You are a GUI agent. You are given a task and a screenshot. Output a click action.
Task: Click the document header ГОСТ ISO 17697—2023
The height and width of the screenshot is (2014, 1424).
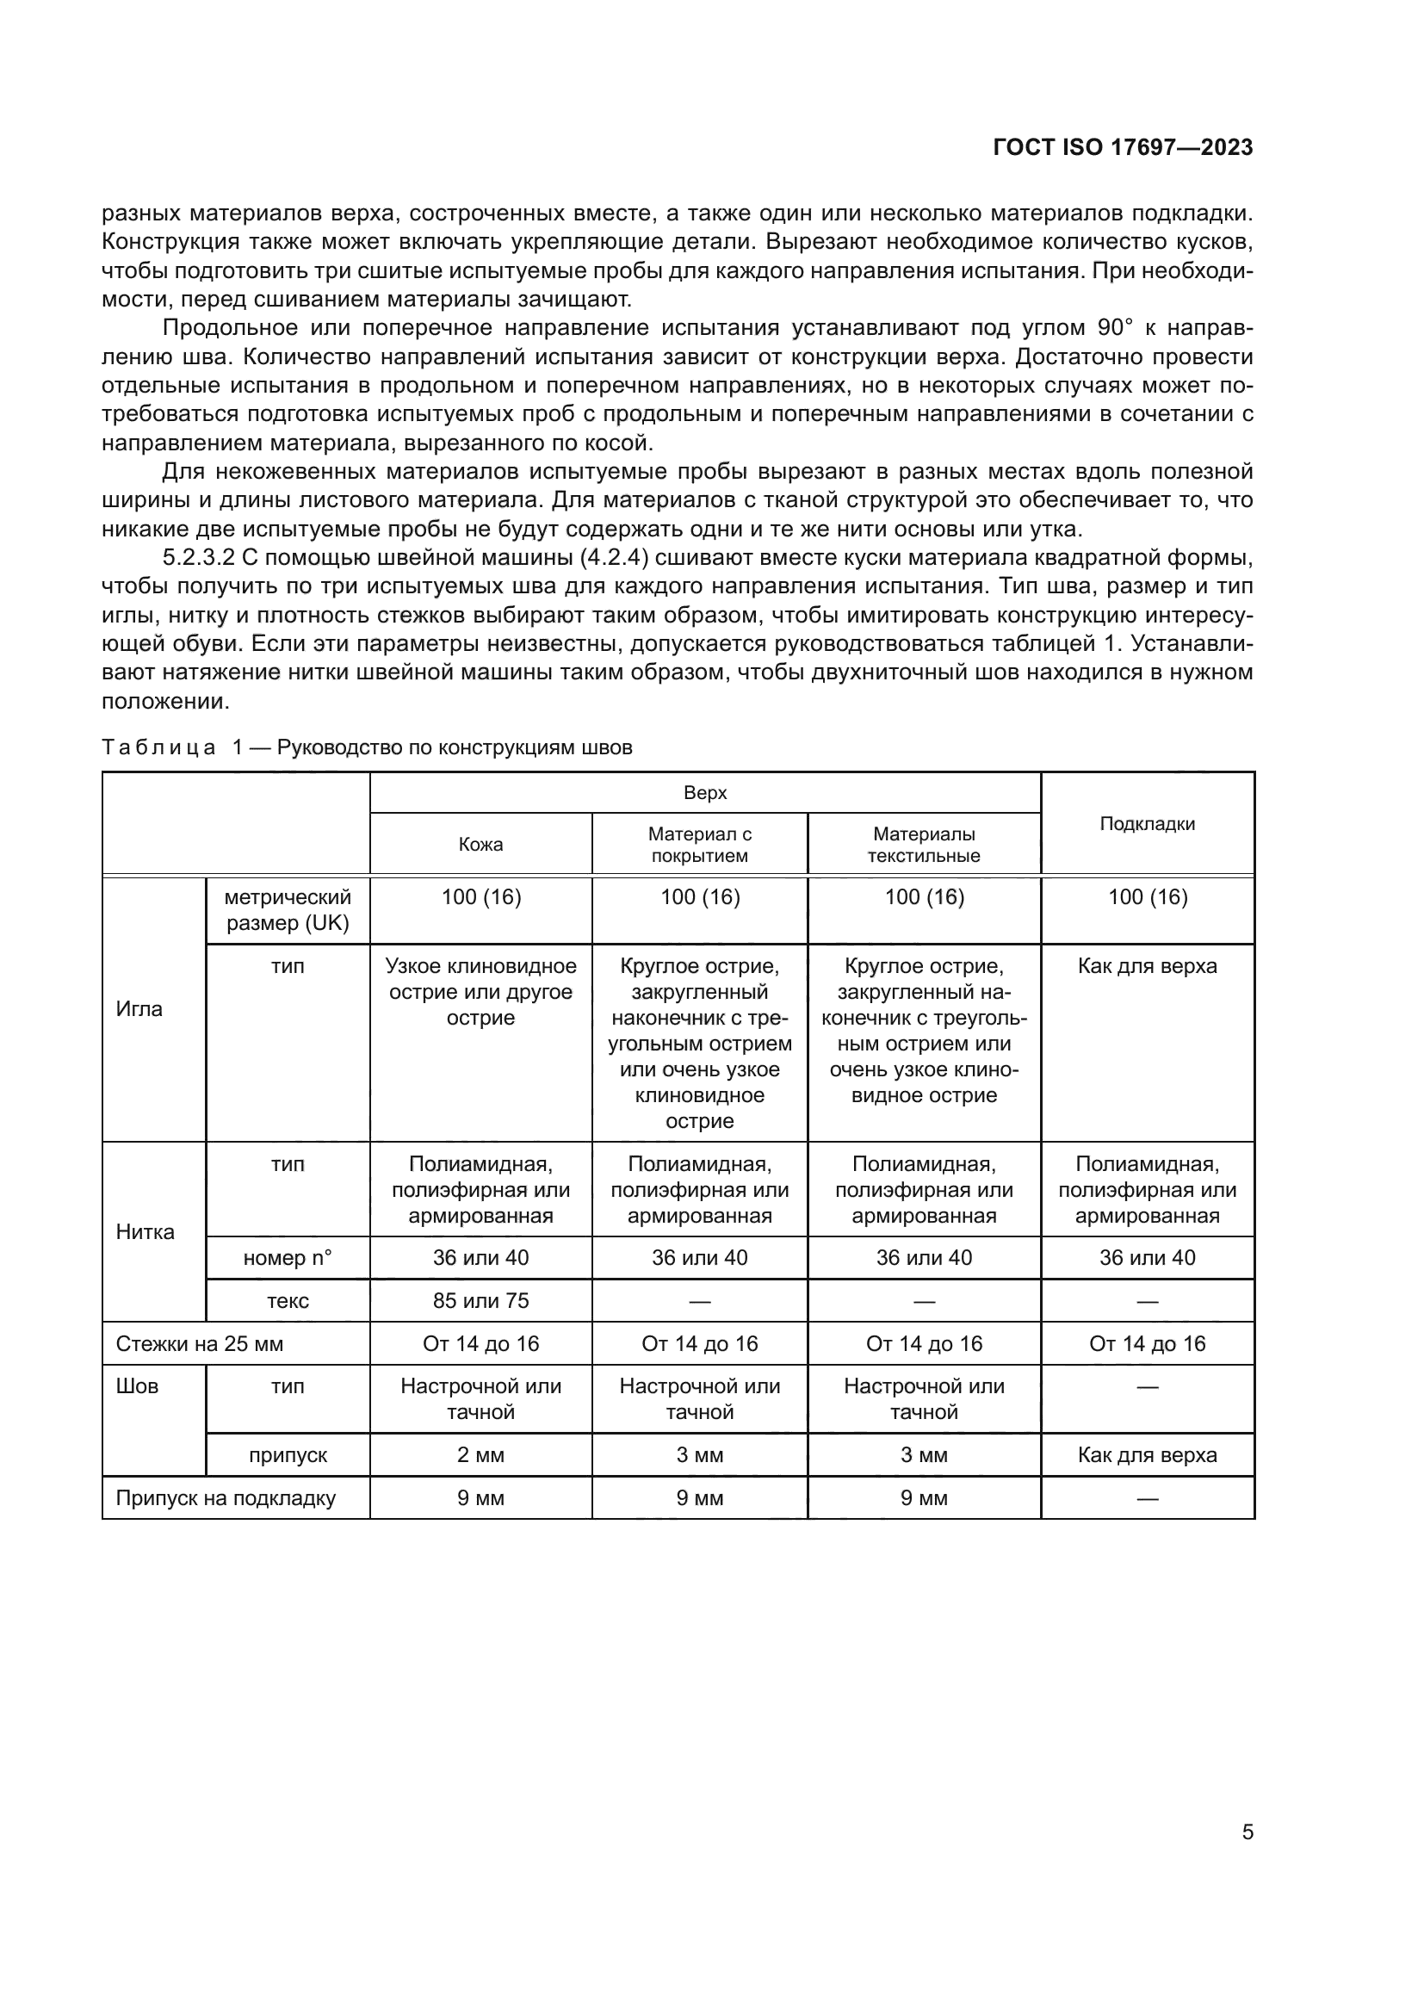[1123, 147]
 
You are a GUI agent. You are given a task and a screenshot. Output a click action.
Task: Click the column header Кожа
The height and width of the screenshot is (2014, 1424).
[480, 844]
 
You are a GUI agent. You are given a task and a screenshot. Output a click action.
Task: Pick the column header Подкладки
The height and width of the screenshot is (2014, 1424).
[1147, 823]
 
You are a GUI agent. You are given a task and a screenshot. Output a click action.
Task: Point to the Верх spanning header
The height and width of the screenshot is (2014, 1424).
[705, 793]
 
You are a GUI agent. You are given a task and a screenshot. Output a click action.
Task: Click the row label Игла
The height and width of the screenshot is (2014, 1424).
[139, 1009]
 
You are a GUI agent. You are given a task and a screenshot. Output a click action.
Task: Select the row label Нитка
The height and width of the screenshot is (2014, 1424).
[145, 1231]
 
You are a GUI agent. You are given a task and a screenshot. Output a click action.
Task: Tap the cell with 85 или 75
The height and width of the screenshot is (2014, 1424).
[480, 1300]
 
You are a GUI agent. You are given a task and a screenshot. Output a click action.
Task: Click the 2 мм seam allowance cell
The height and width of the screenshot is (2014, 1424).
[480, 1454]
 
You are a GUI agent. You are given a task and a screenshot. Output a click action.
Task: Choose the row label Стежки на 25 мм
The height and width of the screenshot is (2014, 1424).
[200, 1343]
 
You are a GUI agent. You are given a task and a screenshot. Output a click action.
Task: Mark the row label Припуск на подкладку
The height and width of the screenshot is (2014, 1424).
[226, 1497]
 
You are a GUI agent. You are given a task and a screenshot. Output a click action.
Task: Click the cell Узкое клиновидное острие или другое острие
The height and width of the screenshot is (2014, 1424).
[480, 991]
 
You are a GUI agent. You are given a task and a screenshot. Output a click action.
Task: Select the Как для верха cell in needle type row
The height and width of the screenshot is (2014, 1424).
[1147, 966]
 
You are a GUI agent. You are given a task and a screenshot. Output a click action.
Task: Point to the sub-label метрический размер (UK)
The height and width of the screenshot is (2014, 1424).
[288, 909]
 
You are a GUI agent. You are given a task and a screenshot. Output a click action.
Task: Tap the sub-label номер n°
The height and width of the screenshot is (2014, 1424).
[288, 1257]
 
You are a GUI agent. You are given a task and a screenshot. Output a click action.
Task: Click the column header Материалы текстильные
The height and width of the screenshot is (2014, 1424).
[923, 844]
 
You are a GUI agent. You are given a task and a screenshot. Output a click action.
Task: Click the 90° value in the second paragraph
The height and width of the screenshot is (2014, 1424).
[1114, 328]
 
